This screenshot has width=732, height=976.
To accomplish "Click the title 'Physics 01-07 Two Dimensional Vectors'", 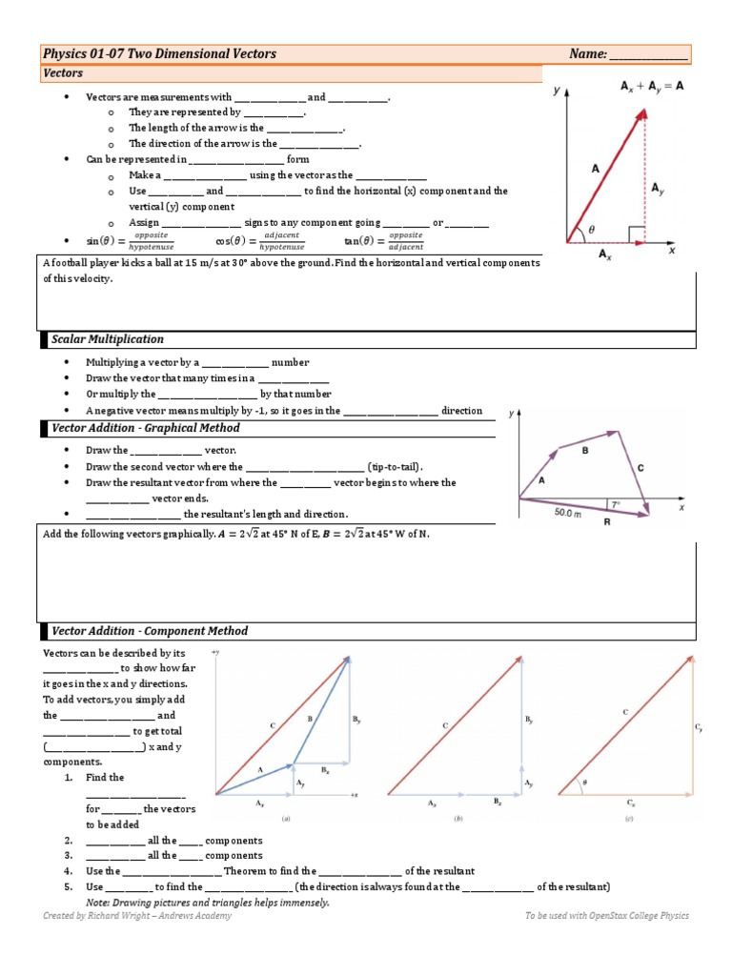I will [160, 53].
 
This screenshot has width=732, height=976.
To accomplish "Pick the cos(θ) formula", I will [258, 241].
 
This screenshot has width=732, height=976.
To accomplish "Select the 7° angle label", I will [617, 502].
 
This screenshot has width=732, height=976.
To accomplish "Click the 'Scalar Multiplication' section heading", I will [107, 339].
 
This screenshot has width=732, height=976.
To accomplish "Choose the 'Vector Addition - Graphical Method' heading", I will [145, 429].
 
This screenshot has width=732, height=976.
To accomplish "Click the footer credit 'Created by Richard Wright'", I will [136, 916].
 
